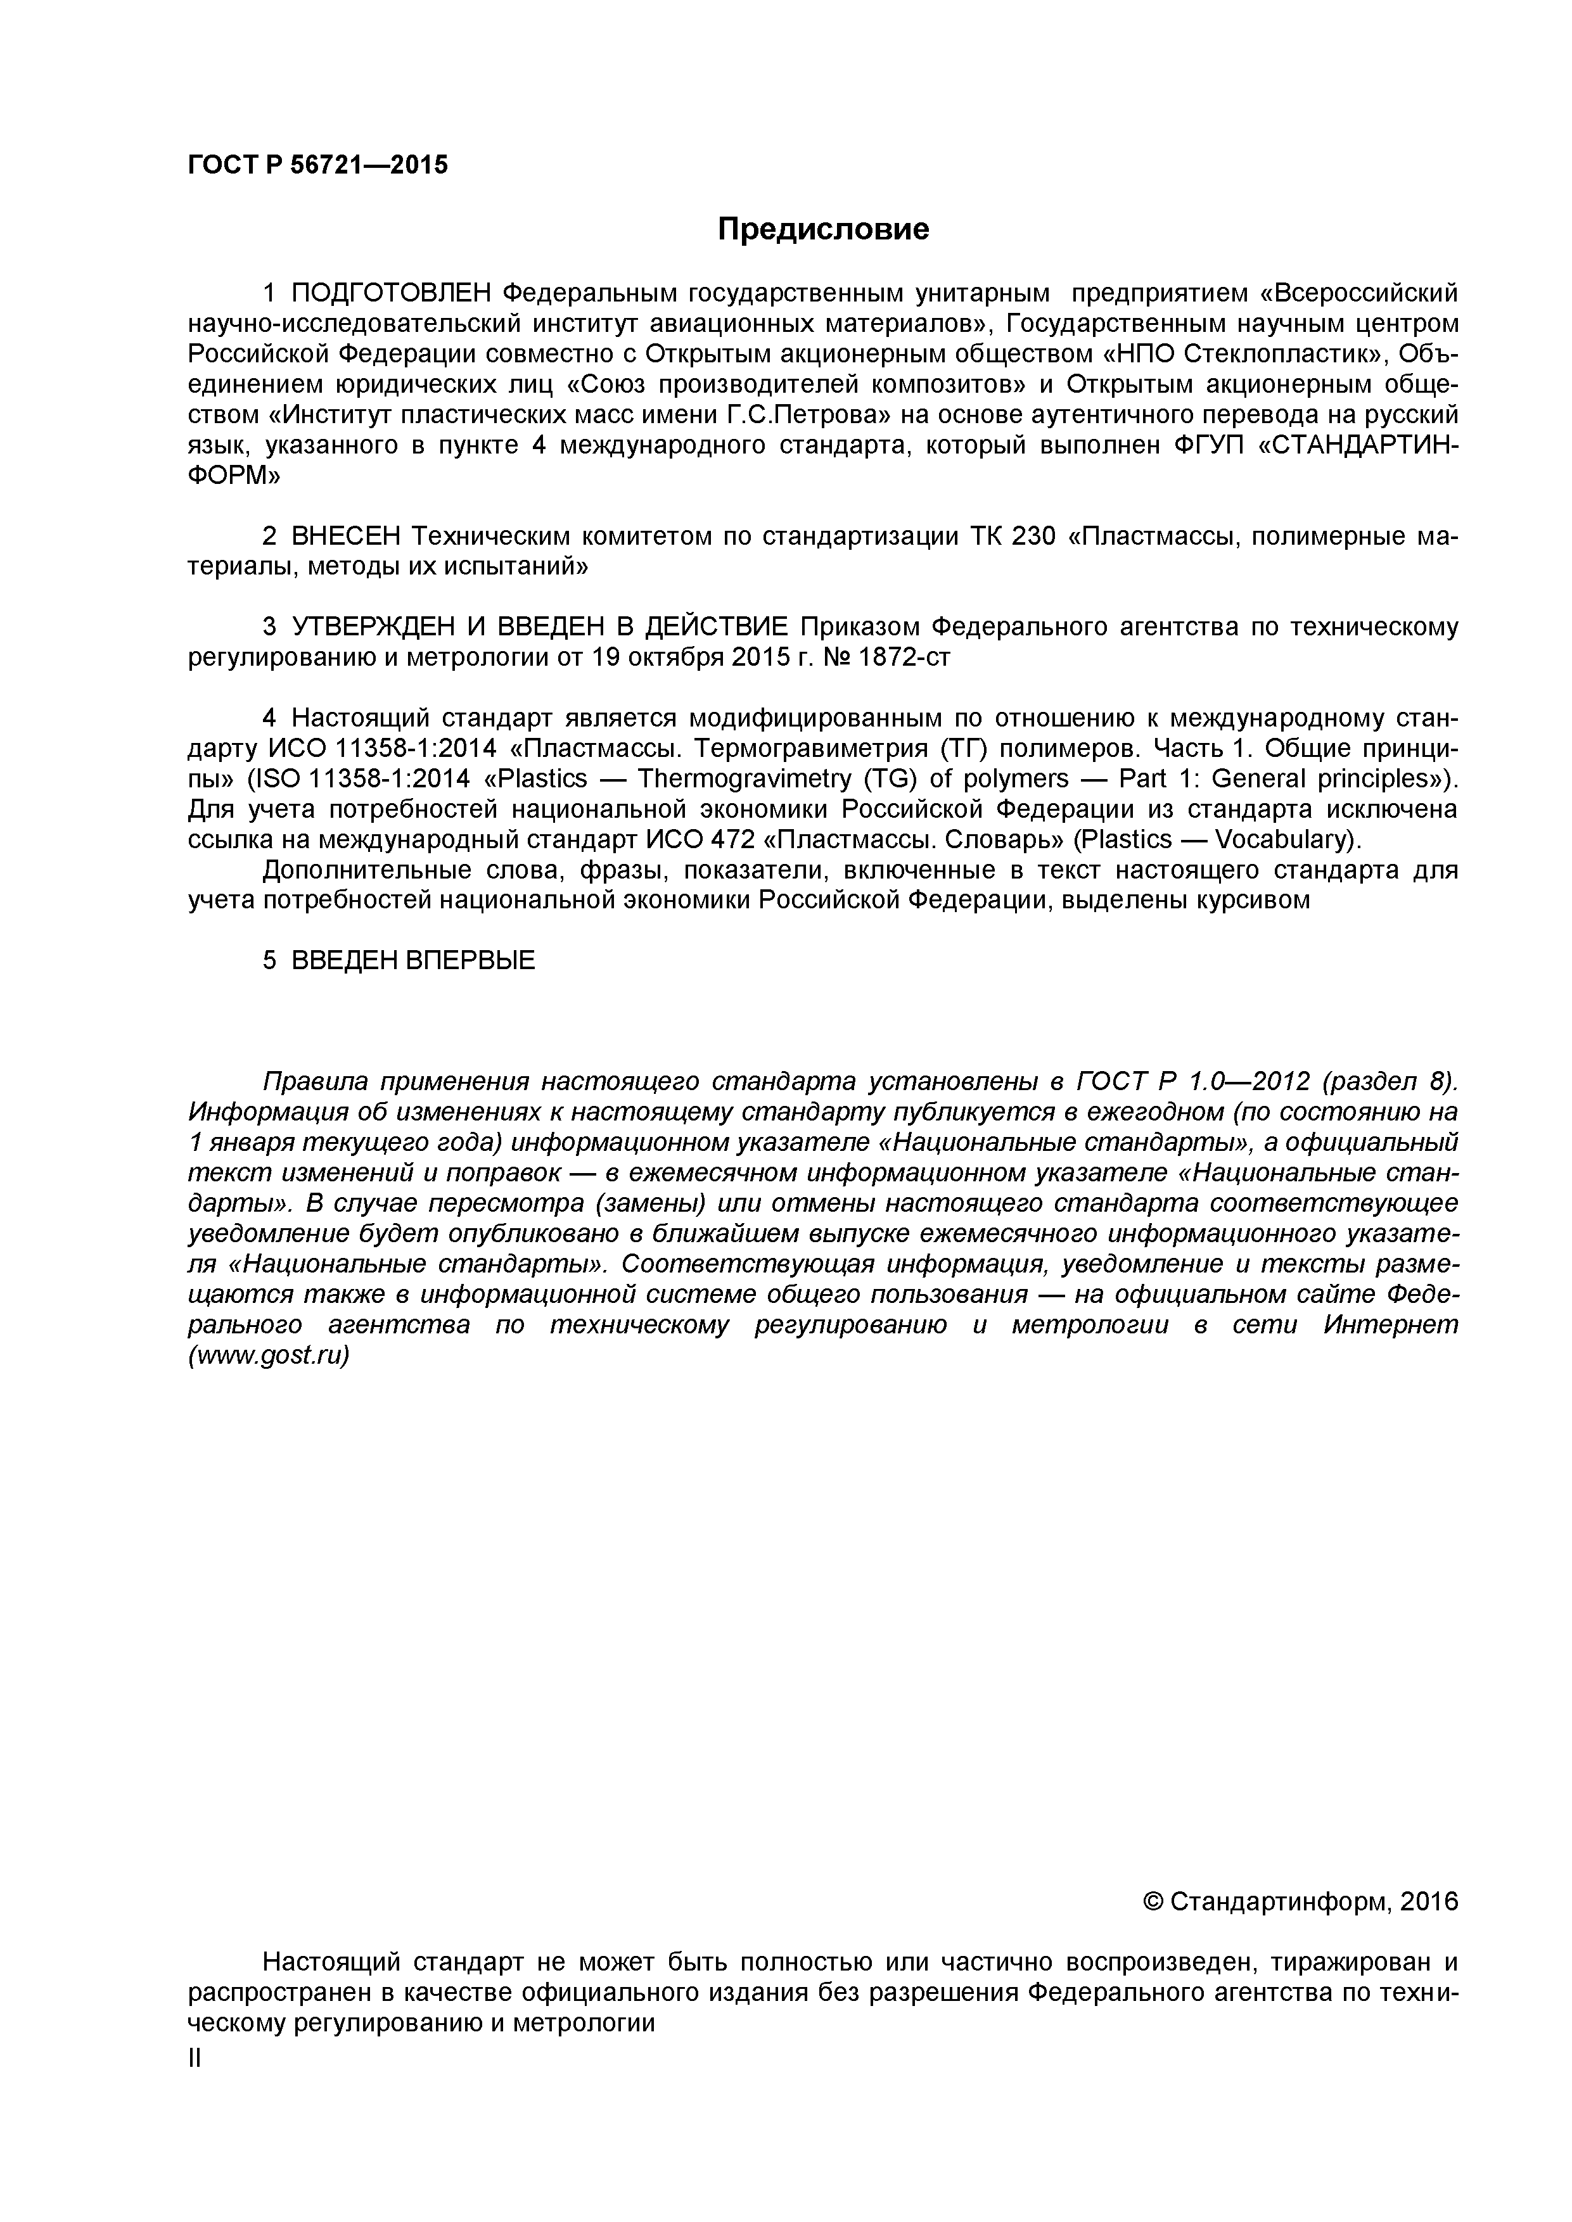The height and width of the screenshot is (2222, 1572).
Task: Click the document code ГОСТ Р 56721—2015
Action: (317, 165)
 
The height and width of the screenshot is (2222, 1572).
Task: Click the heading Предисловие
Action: (823, 229)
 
